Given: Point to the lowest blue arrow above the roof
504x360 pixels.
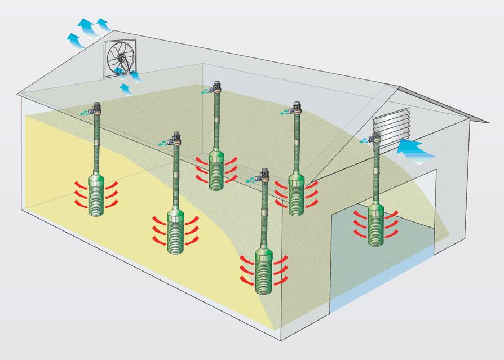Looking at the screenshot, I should (x=74, y=40).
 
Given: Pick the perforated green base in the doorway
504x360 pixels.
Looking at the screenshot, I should (x=377, y=225).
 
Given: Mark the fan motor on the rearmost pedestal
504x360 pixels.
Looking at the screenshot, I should (x=216, y=88).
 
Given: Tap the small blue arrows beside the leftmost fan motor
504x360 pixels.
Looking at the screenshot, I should (x=84, y=112).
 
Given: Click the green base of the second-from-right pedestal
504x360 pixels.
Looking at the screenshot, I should (x=297, y=194).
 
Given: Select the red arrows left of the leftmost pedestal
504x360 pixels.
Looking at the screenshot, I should (x=79, y=195).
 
